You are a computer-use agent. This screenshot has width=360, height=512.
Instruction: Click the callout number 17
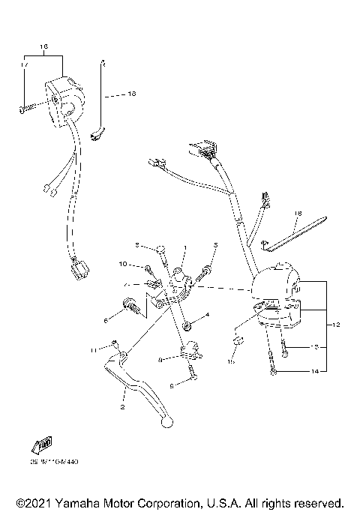click(24, 66)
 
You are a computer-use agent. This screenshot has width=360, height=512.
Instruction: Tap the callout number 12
click(337, 325)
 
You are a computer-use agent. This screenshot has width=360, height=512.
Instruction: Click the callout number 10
click(122, 264)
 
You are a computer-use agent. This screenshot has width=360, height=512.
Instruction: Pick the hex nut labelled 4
click(184, 326)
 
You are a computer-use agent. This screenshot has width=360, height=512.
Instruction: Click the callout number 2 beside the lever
click(121, 409)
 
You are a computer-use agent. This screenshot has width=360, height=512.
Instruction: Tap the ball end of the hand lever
click(167, 423)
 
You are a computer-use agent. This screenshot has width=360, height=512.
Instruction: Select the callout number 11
click(94, 350)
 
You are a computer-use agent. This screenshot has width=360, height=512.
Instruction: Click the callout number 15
click(231, 362)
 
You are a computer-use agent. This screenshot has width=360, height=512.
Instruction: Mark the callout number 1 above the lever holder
click(185, 248)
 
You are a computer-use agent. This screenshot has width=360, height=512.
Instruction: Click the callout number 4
click(208, 315)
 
